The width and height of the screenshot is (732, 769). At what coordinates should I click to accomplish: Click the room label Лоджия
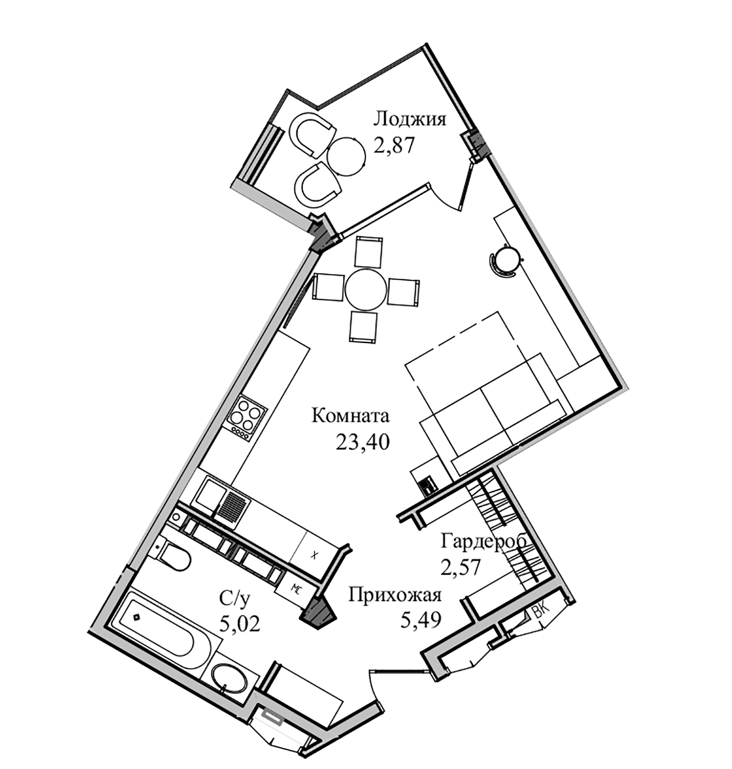point(409,119)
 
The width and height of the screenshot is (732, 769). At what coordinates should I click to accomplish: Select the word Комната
point(350,415)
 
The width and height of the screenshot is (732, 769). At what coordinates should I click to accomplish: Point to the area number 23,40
point(363,443)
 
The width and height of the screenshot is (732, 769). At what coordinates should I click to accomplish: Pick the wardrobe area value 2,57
point(461,567)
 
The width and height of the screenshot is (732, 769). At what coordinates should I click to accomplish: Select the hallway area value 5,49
point(420,619)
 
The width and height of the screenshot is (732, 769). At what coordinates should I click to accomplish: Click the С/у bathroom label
point(233,600)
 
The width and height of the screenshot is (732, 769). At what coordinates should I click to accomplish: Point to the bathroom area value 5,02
point(239,625)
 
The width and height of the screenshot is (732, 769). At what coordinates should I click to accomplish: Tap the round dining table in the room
point(366,290)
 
